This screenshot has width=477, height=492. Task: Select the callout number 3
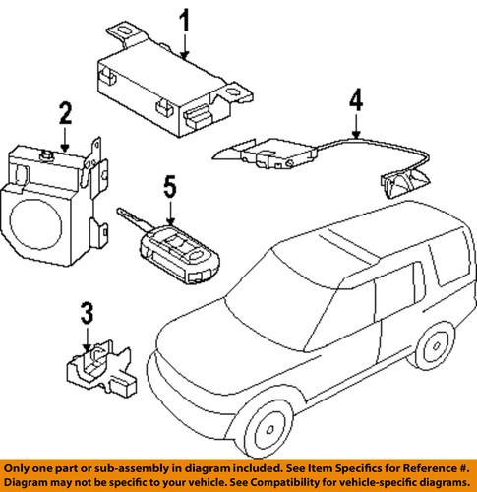[x=87, y=315]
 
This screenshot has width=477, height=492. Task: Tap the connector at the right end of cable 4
[x=402, y=182]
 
